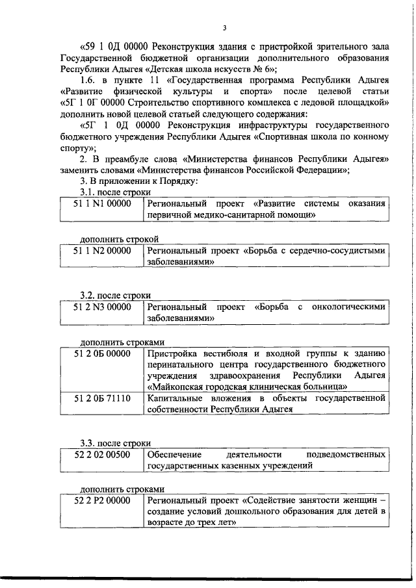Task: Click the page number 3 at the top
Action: (x=224, y=28)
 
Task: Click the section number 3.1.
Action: (x=88, y=192)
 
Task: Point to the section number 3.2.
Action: (x=88, y=296)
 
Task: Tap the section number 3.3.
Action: (x=88, y=443)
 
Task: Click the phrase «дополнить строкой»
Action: (x=119, y=238)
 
